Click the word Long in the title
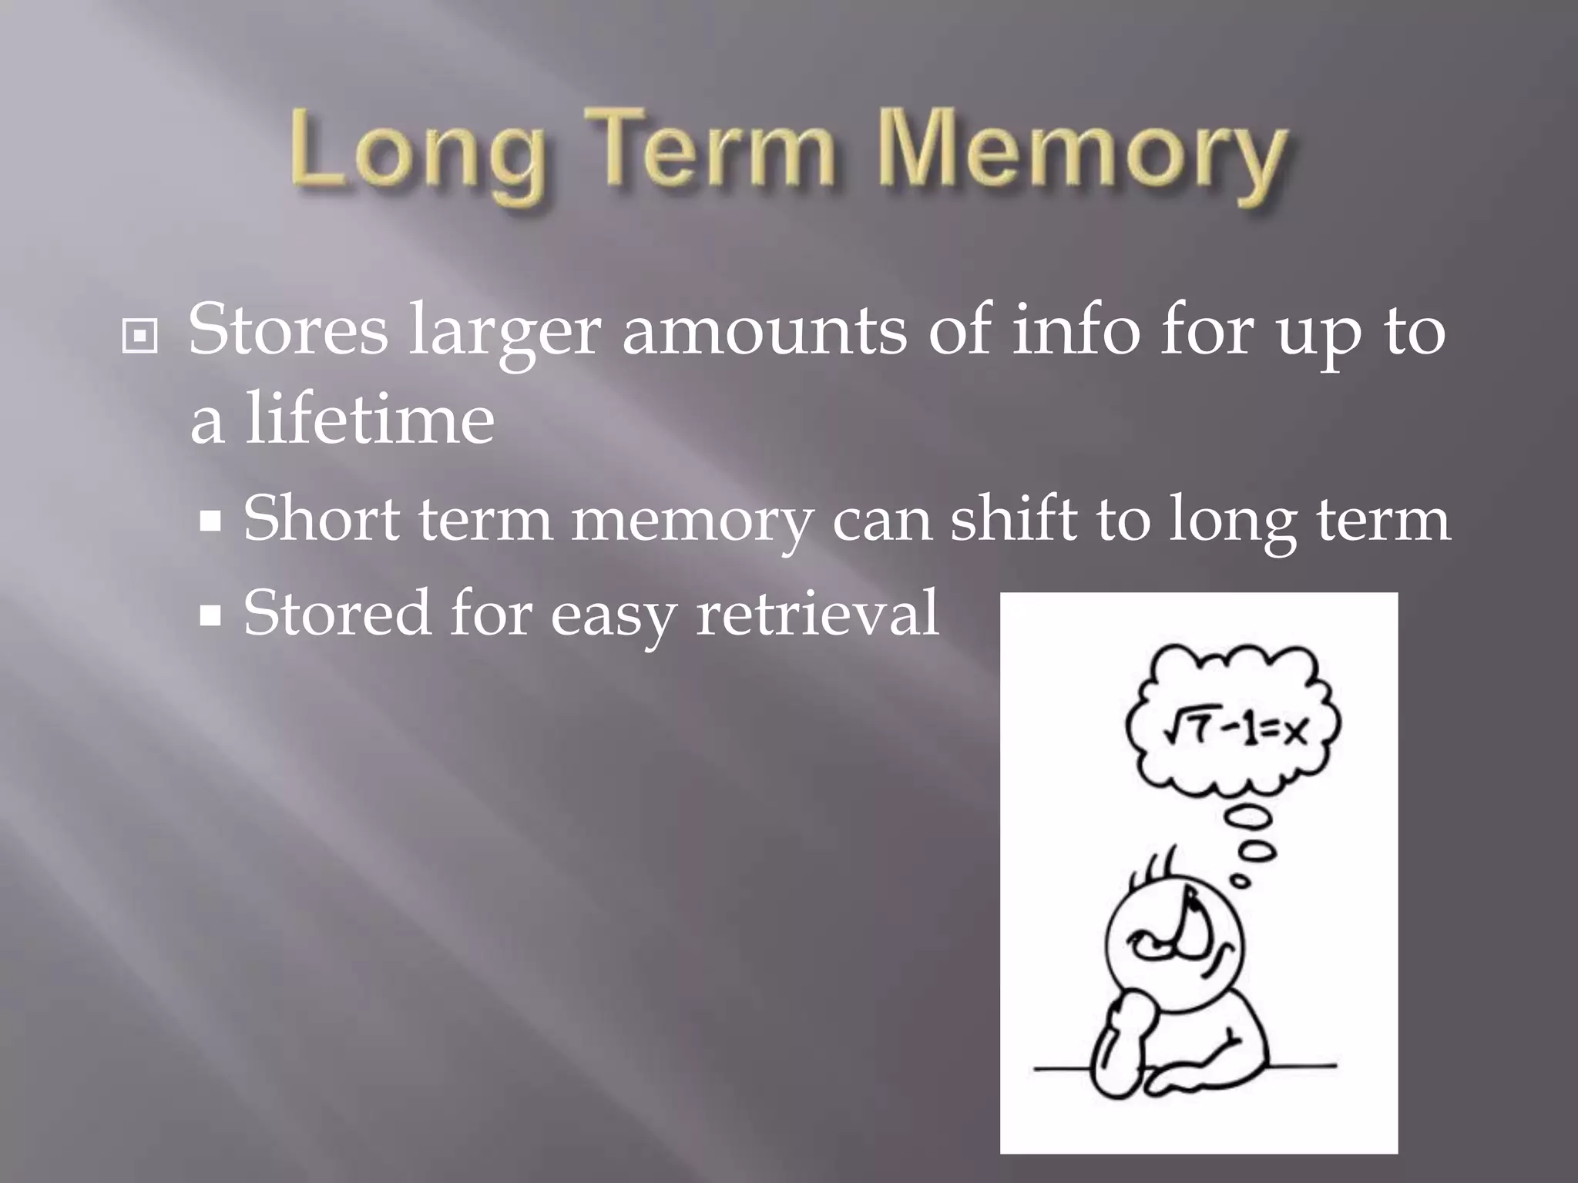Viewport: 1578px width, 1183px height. pyautogui.click(x=417, y=154)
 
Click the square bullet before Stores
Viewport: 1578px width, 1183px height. pyautogui.click(x=139, y=337)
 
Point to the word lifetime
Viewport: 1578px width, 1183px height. pyautogui.click(x=370, y=420)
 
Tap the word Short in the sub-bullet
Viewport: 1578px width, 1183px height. pyautogui.click(x=321, y=518)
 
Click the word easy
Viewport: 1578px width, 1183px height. pyautogui.click(x=612, y=616)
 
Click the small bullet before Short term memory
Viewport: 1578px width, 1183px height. pyautogui.click(x=210, y=522)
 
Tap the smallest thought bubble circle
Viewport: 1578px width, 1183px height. pyautogui.click(x=1241, y=880)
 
